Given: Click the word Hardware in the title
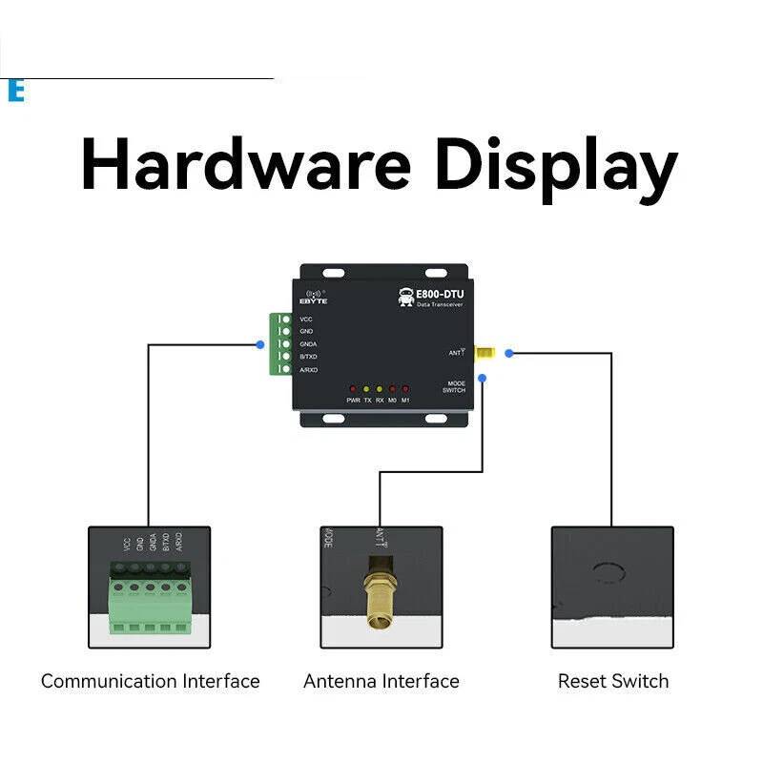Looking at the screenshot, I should (245, 164).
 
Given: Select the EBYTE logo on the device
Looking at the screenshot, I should (314, 297).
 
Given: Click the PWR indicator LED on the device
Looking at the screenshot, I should (353, 389).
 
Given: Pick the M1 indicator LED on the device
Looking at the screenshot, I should (405, 389).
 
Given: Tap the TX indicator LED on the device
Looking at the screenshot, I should (367, 389).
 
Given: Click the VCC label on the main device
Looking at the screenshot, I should (306, 319).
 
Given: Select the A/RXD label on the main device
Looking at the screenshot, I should (308, 368).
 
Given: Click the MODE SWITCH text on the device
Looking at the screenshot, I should (454, 386).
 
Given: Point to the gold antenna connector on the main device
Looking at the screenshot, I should (484, 353).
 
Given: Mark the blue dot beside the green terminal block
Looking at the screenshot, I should (260, 344).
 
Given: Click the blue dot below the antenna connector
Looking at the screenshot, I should (483, 379).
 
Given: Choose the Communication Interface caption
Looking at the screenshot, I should (150, 681).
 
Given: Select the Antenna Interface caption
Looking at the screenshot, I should (381, 681).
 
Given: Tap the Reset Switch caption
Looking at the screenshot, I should (613, 681).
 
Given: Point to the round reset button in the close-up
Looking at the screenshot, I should (608, 573).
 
